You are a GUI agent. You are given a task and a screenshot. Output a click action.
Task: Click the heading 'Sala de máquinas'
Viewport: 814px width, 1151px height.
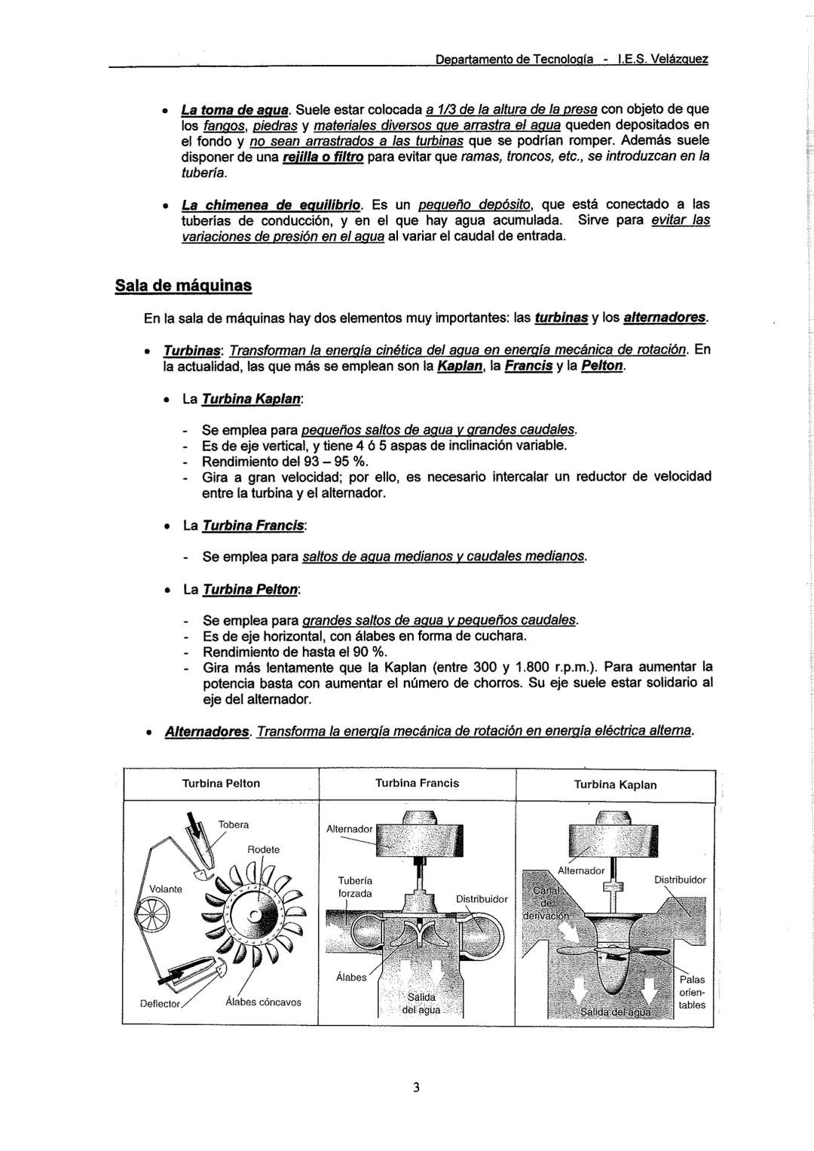[x=183, y=286]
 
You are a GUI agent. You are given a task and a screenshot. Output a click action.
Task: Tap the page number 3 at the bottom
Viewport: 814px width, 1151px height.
[x=415, y=1087]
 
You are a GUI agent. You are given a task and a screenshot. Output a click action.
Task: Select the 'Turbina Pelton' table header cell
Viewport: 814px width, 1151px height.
[x=221, y=784]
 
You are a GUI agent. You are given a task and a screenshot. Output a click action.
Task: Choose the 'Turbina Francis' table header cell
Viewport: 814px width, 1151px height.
[x=417, y=783]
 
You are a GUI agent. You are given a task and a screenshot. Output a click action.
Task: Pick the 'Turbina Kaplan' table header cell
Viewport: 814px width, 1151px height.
[x=615, y=784]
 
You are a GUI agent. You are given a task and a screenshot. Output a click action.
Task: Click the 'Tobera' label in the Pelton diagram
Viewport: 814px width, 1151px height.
[x=234, y=824]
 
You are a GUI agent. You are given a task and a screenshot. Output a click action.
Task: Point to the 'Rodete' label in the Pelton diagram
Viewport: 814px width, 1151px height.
[x=263, y=849]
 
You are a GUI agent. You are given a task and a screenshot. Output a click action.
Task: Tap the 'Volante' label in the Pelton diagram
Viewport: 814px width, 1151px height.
[x=165, y=889]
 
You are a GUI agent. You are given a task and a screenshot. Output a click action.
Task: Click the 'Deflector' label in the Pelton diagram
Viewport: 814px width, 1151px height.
[x=160, y=1004]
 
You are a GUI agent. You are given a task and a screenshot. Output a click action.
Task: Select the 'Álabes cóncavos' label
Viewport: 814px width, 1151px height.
[x=263, y=1002]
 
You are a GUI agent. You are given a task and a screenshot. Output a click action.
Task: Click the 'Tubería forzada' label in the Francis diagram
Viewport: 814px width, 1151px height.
[x=355, y=887]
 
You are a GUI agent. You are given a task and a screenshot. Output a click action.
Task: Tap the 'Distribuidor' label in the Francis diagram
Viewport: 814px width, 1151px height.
[x=482, y=899]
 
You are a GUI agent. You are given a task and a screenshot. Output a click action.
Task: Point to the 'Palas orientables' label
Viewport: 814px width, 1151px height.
[x=692, y=992]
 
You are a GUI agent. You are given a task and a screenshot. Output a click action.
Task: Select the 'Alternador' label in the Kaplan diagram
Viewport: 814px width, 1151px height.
[x=580, y=870]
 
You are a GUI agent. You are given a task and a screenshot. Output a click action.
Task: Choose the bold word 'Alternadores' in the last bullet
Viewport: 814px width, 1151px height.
[x=207, y=732]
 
